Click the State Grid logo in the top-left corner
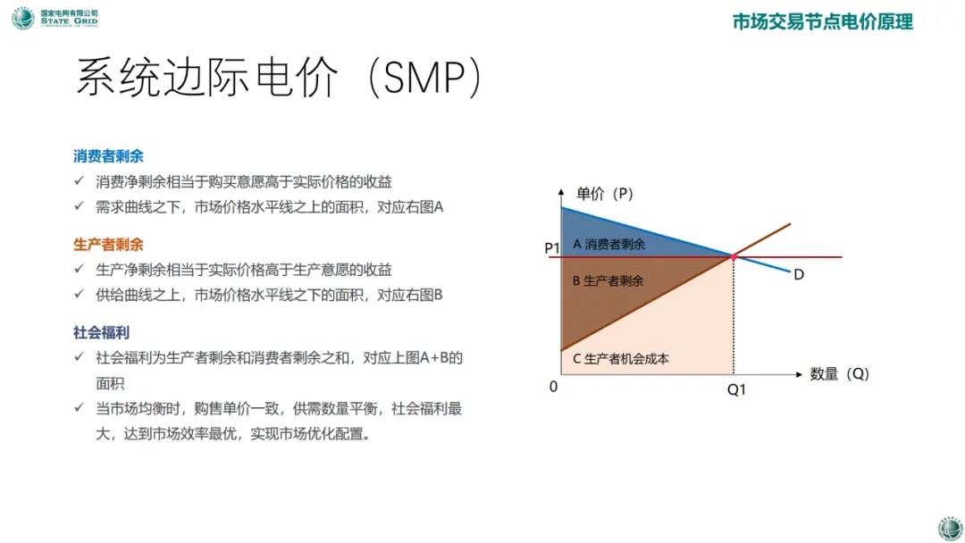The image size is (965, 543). (x=55, y=18)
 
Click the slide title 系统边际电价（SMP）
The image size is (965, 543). (x=278, y=78)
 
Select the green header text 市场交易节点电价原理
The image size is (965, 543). (x=822, y=22)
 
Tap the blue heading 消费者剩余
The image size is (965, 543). (x=108, y=156)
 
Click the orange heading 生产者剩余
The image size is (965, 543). (x=108, y=245)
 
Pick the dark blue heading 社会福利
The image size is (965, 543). (x=102, y=333)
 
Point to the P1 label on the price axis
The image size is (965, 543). (x=552, y=247)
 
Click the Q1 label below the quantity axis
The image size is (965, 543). (x=736, y=389)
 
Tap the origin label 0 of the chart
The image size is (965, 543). (x=553, y=387)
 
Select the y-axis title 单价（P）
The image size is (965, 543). (x=604, y=194)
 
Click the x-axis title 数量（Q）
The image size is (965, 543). (x=839, y=374)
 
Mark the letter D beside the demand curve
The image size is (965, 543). (x=799, y=274)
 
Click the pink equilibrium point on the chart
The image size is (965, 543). (x=733, y=256)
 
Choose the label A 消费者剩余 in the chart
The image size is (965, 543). (x=608, y=244)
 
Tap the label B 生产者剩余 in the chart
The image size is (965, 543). (x=608, y=281)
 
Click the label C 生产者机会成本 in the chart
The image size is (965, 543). (x=620, y=359)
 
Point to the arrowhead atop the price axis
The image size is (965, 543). (x=560, y=192)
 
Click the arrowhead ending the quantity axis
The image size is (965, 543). (x=799, y=374)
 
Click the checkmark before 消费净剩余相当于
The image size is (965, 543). (x=79, y=180)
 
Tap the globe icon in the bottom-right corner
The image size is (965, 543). (x=950, y=528)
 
